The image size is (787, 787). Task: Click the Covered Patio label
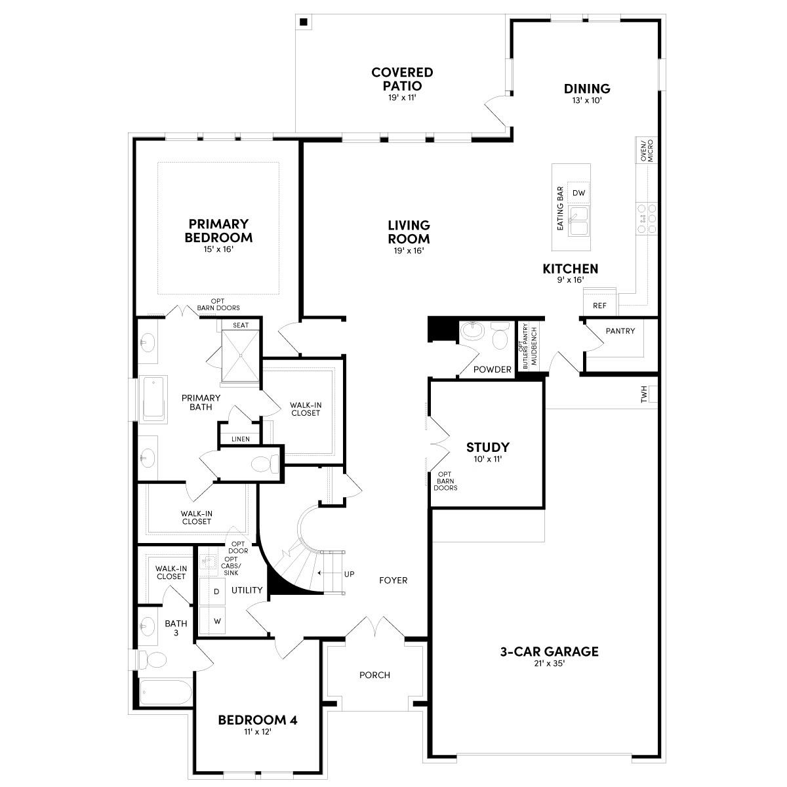pyautogui.click(x=401, y=79)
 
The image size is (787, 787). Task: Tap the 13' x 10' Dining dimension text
pyautogui.click(x=587, y=101)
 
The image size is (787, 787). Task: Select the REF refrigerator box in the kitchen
pyautogui.click(x=599, y=306)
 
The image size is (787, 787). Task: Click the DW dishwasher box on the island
pyautogui.click(x=578, y=193)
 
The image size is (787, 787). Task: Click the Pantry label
pyautogui.click(x=620, y=331)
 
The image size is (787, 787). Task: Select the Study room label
pyautogui.click(x=487, y=447)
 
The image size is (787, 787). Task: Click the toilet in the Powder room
pyautogui.click(x=500, y=337)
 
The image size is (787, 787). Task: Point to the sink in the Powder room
pyautogui.click(x=472, y=332)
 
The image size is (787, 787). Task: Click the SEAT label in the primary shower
pyautogui.click(x=240, y=325)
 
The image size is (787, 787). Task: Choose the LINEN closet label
pyautogui.click(x=240, y=439)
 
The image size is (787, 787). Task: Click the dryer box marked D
pyautogui.click(x=216, y=592)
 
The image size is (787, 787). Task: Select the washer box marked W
pyautogui.click(x=216, y=620)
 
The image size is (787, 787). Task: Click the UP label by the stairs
pyautogui.click(x=349, y=574)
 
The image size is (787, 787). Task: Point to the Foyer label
pyautogui.click(x=393, y=580)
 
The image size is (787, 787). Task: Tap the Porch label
pyautogui.click(x=374, y=675)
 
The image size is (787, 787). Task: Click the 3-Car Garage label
pyautogui.click(x=549, y=652)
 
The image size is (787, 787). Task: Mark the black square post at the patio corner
pyautogui.click(x=304, y=22)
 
